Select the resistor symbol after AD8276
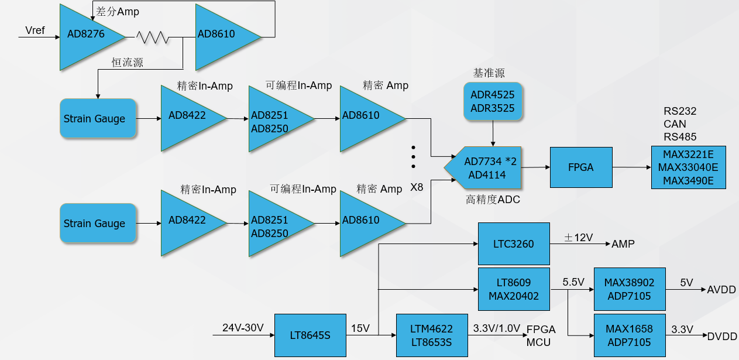[x=153, y=37]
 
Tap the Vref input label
[x=35, y=30]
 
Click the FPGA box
[x=580, y=167]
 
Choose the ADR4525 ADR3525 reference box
[x=493, y=102]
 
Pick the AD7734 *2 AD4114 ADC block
[x=483, y=168]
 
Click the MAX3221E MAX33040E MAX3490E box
[x=688, y=167]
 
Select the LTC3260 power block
[x=514, y=244]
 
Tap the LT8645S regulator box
[x=310, y=335]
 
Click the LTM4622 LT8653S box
[x=432, y=335]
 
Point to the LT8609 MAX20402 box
[x=514, y=289]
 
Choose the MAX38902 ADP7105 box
[x=630, y=289]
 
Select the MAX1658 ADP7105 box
[x=630, y=335]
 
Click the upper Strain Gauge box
[x=98, y=119]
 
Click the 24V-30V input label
[x=243, y=328]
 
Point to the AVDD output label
[x=721, y=290]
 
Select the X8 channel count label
[x=417, y=187]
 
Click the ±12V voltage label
[x=578, y=238]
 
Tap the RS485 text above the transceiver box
[x=679, y=137]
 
